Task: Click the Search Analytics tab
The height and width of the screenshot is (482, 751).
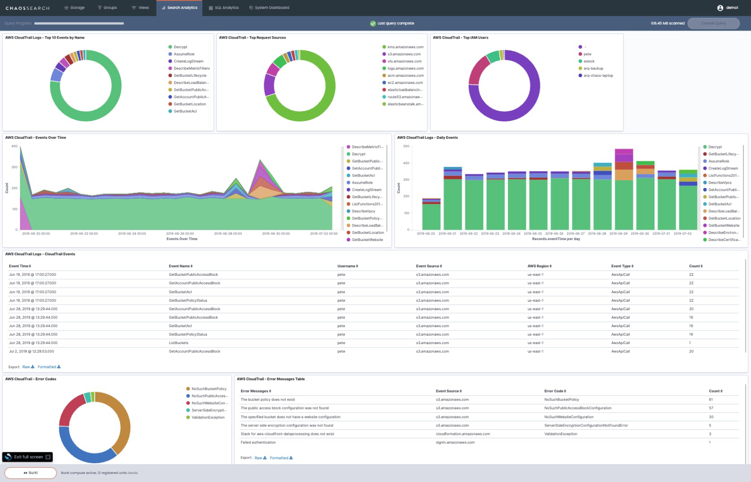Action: click(180, 8)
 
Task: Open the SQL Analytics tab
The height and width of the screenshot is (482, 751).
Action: click(224, 8)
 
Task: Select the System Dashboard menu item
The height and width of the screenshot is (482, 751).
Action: click(269, 8)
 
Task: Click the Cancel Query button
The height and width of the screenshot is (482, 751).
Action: click(713, 23)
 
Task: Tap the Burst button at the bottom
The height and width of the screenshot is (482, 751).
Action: click(31, 473)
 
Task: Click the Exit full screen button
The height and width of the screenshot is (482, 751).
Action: click(28, 457)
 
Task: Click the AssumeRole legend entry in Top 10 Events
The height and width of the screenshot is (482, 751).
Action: click(184, 54)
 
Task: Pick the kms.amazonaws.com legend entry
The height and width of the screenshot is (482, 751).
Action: click(405, 47)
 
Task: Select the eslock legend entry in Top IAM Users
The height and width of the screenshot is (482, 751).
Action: click(589, 61)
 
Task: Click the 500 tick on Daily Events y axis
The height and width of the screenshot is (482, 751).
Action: click(406, 146)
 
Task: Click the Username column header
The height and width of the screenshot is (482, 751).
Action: click(347, 266)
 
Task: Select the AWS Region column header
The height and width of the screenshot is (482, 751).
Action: click(539, 266)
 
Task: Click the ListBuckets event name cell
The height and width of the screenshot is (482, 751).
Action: click(179, 343)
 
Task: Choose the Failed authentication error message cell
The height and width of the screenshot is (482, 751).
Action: click(258, 442)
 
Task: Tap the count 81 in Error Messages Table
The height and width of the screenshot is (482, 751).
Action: click(710, 400)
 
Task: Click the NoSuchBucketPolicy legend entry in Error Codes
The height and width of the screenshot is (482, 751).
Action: click(209, 389)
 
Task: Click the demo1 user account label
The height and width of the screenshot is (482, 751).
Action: click(731, 8)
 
